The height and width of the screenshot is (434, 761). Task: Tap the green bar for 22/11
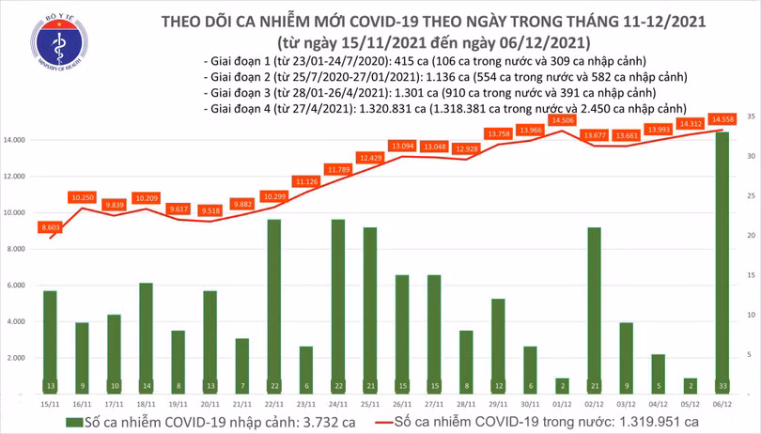pyautogui.click(x=273, y=301)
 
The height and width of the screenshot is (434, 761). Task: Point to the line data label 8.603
pyautogui.click(x=50, y=227)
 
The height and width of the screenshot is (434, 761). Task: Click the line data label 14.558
pyautogui.click(x=723, y=119)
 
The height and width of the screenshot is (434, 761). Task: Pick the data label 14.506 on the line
pyautogui.click(x=564, y=120)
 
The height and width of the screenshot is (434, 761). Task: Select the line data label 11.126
pyautogui.click(x=307, y=181)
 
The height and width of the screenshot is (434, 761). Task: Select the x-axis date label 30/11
pyautogui.click(x=529, y=402)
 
